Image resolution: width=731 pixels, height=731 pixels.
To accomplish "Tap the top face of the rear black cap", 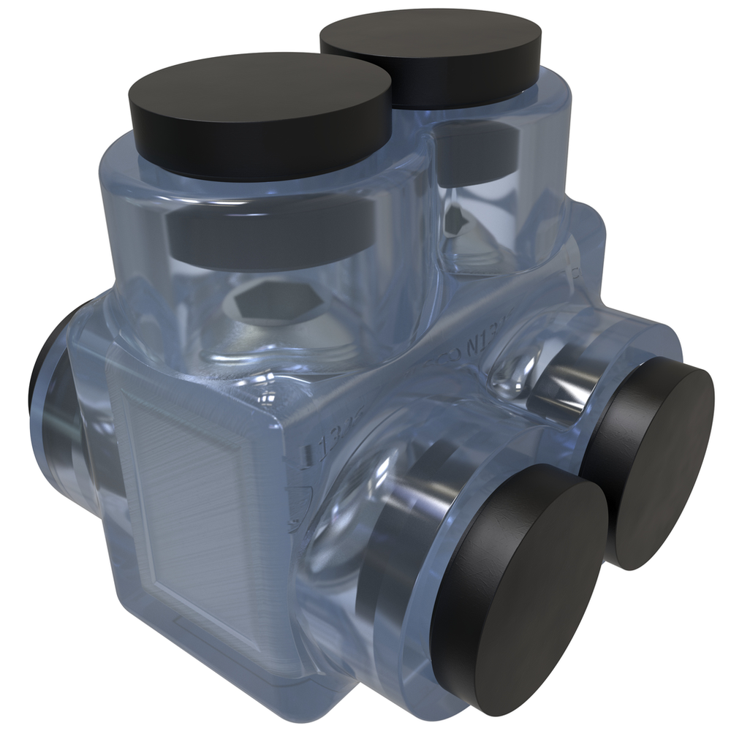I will pos(431,37).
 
